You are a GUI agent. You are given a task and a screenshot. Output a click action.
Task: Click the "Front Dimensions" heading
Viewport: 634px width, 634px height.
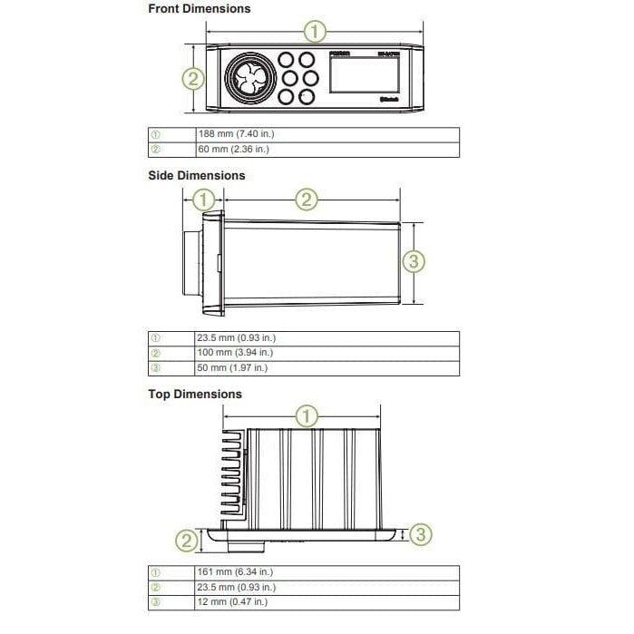click(x=199, y=9)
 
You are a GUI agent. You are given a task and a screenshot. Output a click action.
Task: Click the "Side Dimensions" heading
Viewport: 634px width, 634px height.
click(x=197, y=175)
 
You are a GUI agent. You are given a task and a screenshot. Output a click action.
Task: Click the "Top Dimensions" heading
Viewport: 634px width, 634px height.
click(x=195, y=395)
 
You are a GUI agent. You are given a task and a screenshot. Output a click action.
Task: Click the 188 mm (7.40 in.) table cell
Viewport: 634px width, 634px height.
click(x=236, y=134)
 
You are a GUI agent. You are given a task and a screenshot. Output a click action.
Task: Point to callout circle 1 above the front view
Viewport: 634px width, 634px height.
click(x=314, y=33)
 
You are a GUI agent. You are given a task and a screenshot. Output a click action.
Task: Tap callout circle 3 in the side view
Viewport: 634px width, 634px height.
click(x=413, y=262)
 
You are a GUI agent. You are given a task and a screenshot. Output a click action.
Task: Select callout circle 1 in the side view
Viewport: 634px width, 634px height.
click(x=204, y=199)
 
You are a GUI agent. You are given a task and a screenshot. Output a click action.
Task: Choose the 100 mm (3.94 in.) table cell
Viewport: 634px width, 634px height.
click(x=235, y=353)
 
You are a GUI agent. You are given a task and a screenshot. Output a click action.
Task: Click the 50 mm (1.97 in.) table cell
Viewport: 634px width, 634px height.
click(x=232, y=368)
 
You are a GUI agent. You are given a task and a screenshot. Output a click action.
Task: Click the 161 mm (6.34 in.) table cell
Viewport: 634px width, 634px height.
click(x=235, y=572)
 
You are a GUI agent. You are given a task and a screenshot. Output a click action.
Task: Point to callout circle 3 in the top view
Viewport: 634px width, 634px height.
click(x=420, y=534)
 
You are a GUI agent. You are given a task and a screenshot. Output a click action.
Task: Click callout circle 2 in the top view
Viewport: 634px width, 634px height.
click(x=186, y=541)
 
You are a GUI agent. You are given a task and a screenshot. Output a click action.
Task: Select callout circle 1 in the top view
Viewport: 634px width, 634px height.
click(x=308, y=417)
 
